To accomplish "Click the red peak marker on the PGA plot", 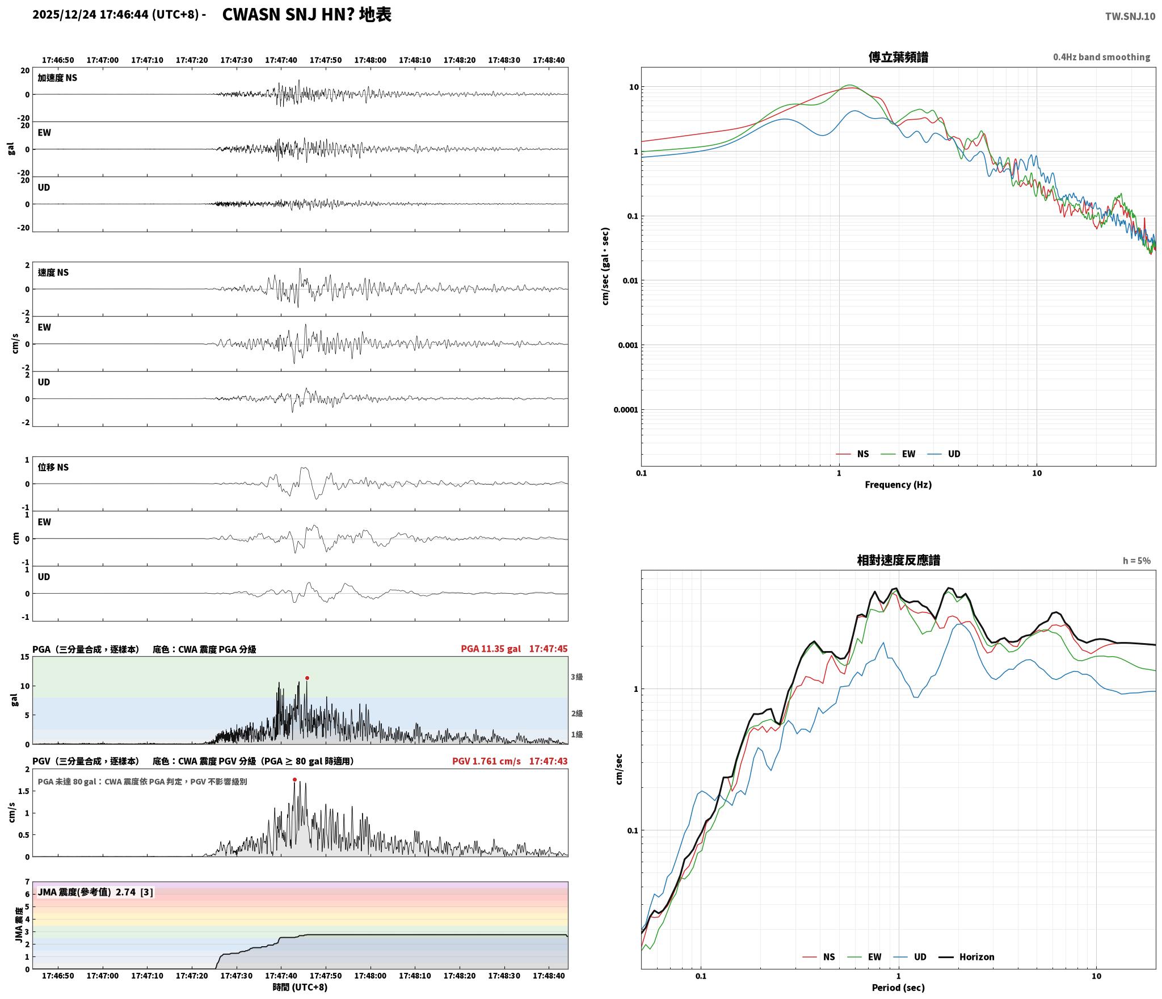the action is (x=307, y=678).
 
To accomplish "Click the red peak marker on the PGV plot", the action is (x=294, y=779).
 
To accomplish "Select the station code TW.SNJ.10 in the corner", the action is (x=1130, y=16).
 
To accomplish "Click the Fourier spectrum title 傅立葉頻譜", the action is (x=898, y=57).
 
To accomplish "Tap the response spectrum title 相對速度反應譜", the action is (x=898, y=560).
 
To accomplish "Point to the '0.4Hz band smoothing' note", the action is (x=1101, y=57).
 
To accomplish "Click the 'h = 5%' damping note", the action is (x=1136, y=561).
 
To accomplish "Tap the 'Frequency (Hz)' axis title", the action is (x=898, y=485).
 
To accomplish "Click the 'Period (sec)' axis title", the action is (x=898, y=988).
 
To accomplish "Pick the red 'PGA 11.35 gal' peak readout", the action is (x=491, y=649).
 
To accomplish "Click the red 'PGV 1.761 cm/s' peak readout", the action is (x=486, y=761).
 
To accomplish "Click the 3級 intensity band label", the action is (x=576, y=677).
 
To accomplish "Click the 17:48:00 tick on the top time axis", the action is (x=370, y=60).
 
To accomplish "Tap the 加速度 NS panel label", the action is (x=57, y=78).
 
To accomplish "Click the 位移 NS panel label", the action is (x=53, y=467).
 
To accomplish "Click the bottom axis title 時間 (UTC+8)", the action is (x=300, y=987).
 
